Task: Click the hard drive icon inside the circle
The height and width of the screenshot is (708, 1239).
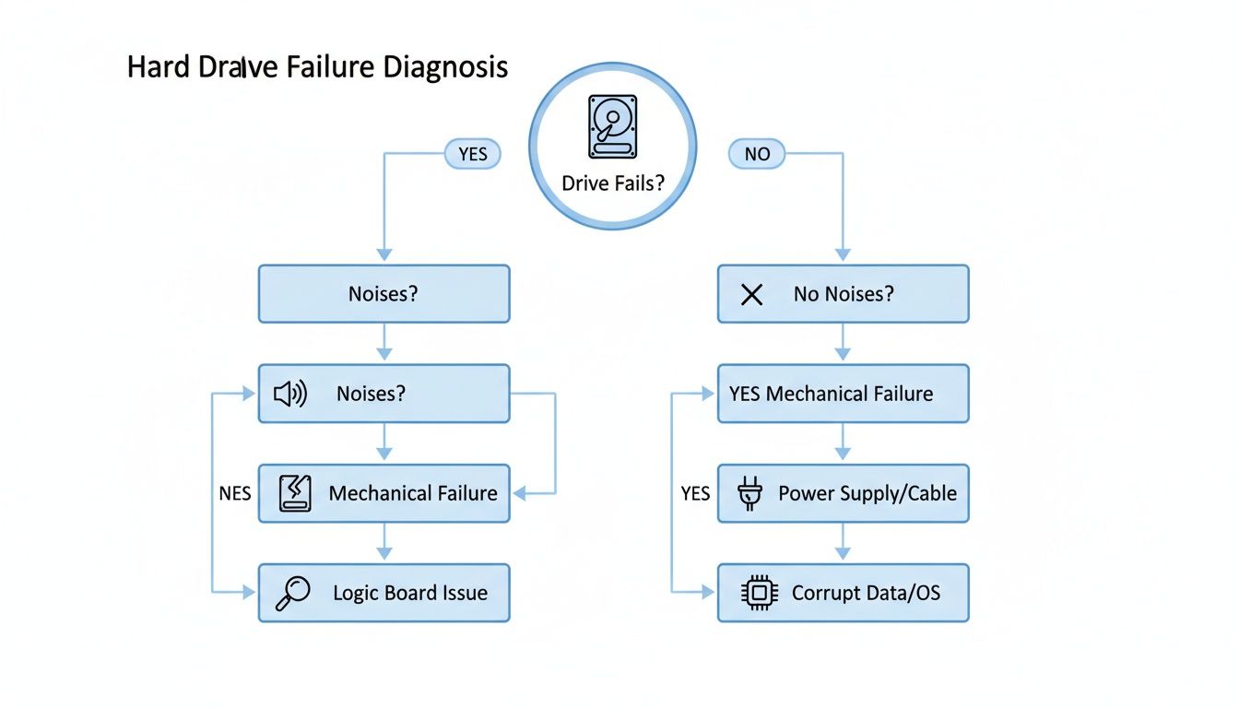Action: point(612,125)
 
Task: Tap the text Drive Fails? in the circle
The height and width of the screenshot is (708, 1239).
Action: point(612,183)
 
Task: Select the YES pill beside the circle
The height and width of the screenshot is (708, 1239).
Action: point(472,154)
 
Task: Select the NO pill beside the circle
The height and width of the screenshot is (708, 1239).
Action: point(756,154)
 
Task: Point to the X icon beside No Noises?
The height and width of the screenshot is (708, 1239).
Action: point(752,295)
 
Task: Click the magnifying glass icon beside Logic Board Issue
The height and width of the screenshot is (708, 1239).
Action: point(294,593)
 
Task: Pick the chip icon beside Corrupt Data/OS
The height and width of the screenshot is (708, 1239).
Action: point(759,593)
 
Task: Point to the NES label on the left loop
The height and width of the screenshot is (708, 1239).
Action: point(234,493)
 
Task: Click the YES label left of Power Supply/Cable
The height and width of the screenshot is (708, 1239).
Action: point(695,493)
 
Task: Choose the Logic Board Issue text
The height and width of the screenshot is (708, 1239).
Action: point(410,593)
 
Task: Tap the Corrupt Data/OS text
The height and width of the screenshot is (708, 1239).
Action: point(866,593)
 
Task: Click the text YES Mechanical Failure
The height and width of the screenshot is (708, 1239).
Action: point(831,394)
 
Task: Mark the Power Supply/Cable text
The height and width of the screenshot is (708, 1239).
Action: point(867,493)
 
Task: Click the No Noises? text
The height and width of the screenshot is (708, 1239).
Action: point(844,295)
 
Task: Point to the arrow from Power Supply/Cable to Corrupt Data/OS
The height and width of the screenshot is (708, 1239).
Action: point(843,544)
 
